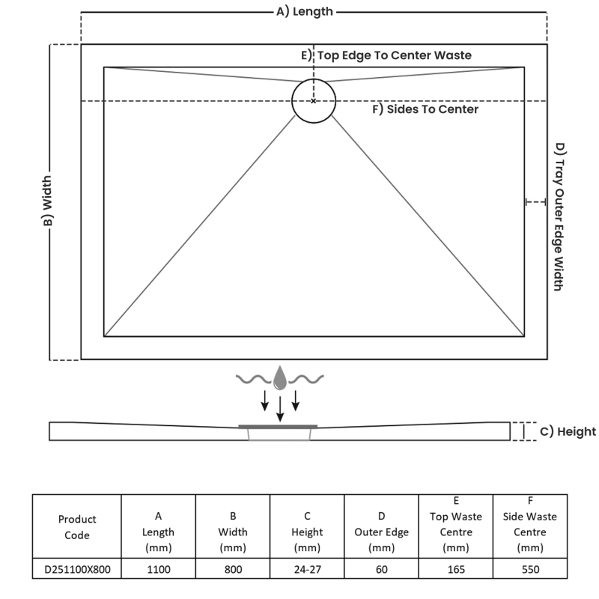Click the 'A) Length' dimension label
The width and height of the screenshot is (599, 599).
tap(305, 11)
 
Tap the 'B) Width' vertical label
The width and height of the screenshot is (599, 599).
tap(47, 202)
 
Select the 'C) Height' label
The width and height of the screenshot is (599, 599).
tap(568, 431)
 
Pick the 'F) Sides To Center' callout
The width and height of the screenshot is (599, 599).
tap(425, 109)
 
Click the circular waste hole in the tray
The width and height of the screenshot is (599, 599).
tap(314, 100)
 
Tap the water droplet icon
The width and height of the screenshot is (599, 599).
tap(280, 378)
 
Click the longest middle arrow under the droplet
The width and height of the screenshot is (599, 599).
tap(280, 408)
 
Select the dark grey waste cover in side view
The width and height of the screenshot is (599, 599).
tap(279, 426)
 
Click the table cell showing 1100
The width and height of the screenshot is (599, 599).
tap(159, 570)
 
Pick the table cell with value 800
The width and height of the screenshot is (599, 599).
tap(233, 570)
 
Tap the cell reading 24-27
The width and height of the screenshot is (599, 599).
tap(308, 570)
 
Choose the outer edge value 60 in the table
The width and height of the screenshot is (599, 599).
tap(382, 570)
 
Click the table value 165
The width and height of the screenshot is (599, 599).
tap(456, 570)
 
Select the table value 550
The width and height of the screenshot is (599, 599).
tap(530, 570)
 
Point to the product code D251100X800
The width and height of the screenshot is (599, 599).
tap(77, 570)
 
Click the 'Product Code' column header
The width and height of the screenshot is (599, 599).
tap(77, 527)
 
